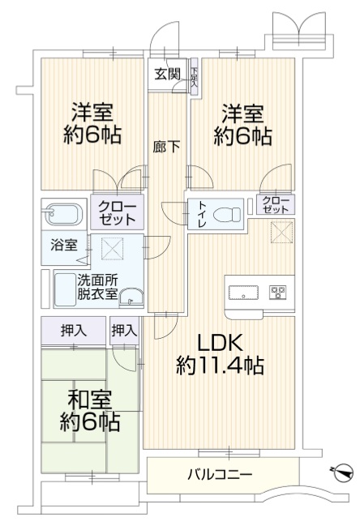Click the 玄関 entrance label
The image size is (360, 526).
point(167,74)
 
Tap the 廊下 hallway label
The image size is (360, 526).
point(166,147)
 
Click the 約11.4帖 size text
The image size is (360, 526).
point(220,365)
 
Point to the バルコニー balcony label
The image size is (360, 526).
point(220,475)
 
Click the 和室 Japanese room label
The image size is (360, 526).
point(89,400)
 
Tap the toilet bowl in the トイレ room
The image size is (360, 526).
point(227,213)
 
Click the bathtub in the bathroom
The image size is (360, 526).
point(64,215)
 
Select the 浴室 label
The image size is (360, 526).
point(64,245)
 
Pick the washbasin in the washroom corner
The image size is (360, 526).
point(131,297)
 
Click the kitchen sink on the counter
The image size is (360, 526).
point(243,293)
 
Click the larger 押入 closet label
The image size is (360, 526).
point(74,331)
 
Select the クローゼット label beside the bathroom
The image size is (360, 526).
point(117,213)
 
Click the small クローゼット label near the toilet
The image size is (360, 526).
point(276,205)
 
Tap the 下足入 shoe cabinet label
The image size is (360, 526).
point(195,77)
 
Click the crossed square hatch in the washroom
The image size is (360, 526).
point(112,249)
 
